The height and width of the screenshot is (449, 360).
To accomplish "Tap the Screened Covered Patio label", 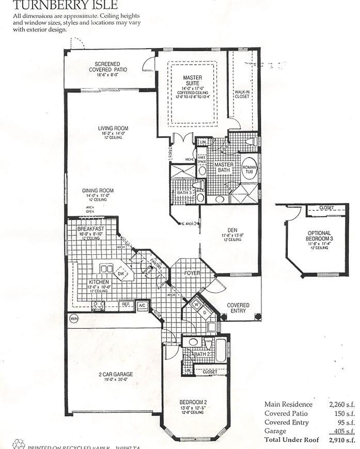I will pos(108,67).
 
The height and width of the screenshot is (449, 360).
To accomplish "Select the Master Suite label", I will pos(193,81).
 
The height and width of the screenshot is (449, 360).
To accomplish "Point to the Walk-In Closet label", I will pos(242,94).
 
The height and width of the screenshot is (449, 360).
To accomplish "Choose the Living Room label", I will pos(113,129).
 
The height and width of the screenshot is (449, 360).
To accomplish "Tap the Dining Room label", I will pos(98,191).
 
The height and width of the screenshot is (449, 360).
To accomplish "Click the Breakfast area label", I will pos(90,228).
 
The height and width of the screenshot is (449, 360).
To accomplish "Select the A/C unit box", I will pos(142,306).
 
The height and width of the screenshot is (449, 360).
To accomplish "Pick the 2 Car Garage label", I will pos(113,374).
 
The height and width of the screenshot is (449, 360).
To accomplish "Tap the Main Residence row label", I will pos(288,405).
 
